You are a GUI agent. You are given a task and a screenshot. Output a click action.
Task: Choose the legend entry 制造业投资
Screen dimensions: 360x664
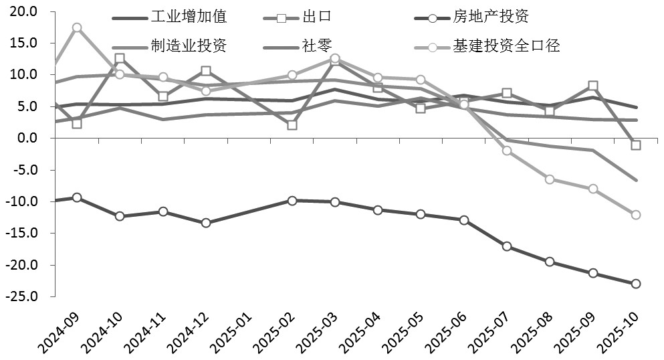pyautogui.click(x=189, y=46)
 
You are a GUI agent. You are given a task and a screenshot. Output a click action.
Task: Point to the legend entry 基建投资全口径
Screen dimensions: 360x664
pyautogui.click(x=506, y=46)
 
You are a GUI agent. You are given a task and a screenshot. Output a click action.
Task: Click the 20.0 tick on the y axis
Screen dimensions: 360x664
pyautogui.click(x=24, y=11)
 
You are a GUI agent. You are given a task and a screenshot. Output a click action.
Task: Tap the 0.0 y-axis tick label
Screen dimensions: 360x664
pyautogui.click(x=27, y=138)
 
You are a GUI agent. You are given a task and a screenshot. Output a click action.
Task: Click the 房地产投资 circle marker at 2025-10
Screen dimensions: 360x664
pyautogui.click(x=636, y=284)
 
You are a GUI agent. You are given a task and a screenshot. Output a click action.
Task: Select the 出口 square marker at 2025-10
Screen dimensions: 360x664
pyautogui.click(x=636, y=145)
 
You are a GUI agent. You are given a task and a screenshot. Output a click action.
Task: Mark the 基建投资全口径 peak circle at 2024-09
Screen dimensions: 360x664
pyautogui.click(x=77, y=27)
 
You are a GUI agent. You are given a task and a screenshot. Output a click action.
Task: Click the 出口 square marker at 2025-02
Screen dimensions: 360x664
pyautogui.click(x=292, y=125)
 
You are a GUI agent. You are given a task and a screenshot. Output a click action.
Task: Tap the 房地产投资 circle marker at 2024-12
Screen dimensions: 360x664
pyautogui.click(x=206, y=223)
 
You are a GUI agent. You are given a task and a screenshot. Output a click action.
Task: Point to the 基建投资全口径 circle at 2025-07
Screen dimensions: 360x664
pyautogui.click(x=507, y=151)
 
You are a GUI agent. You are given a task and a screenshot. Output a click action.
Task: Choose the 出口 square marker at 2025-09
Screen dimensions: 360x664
pyautogui.click(x=593, y=86)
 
